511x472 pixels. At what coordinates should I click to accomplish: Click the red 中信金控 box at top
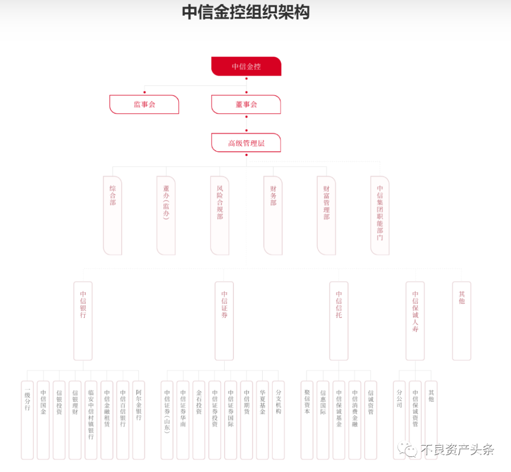pos(246,66)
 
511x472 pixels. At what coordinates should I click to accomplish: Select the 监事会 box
pos(144,105)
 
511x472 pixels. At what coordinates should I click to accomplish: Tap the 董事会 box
pos(246,105)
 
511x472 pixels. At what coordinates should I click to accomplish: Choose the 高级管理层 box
pos(246,143)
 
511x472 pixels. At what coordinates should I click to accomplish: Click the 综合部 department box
pos(113,215)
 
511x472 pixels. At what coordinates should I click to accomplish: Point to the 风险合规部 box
pos(220,215)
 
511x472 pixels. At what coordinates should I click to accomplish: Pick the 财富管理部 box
pos(326,215)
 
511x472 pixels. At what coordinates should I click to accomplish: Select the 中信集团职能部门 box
pos(380,215)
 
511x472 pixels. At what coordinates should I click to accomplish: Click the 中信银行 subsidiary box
pos(83,321)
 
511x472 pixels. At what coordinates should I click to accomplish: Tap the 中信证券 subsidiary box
pos(224,321)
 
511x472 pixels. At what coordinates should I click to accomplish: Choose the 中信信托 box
pos(339,321)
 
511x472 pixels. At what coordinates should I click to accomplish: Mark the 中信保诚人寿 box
pos(415,321)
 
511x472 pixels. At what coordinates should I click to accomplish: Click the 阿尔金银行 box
pos(139,420)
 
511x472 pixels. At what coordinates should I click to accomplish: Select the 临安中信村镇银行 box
pos(91,420)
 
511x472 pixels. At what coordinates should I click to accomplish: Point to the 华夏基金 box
pos(262,420)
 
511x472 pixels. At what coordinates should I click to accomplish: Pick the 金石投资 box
pos(199,420)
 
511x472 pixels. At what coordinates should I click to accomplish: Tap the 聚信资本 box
pos(307,420)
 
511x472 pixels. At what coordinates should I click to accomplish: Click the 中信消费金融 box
pos(355,420)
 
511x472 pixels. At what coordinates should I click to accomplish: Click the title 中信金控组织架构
pos(246,12)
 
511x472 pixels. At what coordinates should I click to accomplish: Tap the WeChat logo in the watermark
pos(408,449)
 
